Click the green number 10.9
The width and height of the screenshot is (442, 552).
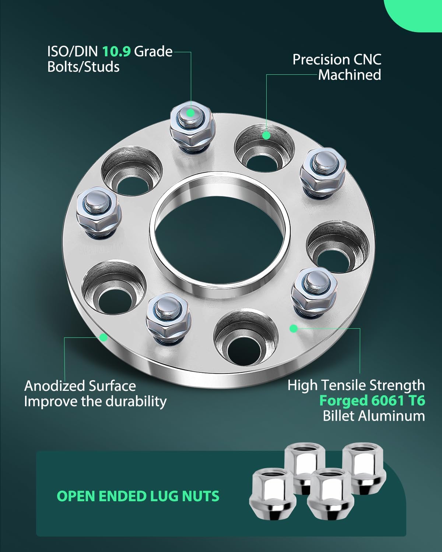point(116,52)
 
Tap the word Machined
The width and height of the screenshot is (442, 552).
point(349,75)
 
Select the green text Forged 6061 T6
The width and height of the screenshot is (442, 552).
point(372,400)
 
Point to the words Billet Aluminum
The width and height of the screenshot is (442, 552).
point(373,416)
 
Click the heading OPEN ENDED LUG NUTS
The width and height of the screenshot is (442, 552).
point(138,496)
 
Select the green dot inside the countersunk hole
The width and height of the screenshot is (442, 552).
point(267,135)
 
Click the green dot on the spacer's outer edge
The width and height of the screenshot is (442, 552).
point(104,337)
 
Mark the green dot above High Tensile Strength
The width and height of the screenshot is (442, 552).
point(294,329)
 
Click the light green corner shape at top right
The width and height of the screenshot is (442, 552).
point(414,15)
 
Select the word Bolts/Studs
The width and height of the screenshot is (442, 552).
point(84,67)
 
